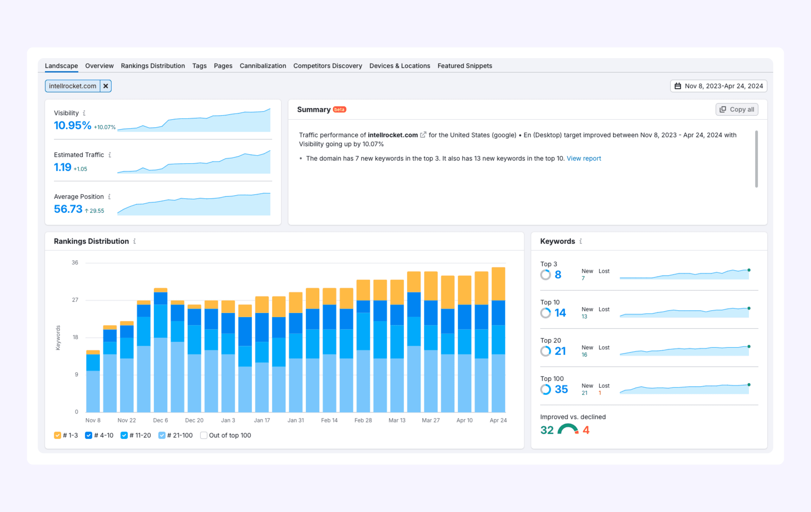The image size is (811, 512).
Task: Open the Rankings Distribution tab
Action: [x=153, y=66]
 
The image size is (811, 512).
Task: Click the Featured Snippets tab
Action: [x=464, y=66]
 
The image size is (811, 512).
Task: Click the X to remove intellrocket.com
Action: [x=105, y=86]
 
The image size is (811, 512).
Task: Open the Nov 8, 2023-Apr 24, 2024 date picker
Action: [x=718, y=86]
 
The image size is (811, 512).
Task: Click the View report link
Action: [x=583, y=158]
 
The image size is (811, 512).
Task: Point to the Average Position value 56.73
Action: [x=68, y=209]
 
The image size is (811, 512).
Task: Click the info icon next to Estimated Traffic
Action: [x=110, y=155]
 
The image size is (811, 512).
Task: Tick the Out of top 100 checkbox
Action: [x=203, y=435]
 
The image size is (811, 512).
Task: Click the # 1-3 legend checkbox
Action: [x=58, y=435]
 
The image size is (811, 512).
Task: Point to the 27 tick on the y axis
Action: [x=75, y=300]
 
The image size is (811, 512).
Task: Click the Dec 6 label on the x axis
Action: [x=160, y=420]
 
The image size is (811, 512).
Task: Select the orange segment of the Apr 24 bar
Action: [x=498, y=283]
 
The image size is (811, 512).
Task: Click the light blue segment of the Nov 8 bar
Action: [x=93, y=391]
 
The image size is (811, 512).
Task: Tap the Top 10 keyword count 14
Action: [x=560, y=313]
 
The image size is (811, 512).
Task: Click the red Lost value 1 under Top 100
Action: [x=599, y=393]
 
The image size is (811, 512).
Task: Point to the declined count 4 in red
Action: [x=586, y=430]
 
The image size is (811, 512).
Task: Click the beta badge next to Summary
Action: [x=339, y=110]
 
